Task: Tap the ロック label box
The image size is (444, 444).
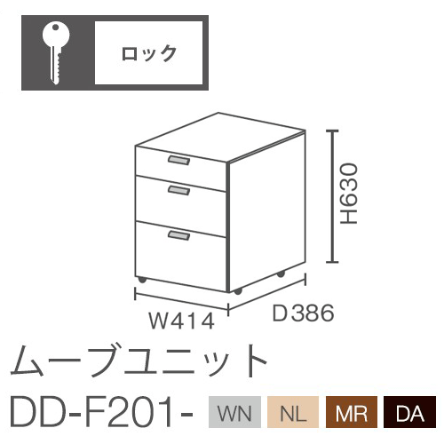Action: point(148,52)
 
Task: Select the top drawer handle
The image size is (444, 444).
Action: point(179,160)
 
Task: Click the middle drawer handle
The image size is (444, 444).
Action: point(179,190)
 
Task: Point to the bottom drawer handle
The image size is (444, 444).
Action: point(179,235)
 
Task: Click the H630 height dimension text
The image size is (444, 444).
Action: point(349,194)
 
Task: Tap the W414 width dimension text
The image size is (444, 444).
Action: point(181,321)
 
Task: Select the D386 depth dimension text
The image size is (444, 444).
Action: point(303,313)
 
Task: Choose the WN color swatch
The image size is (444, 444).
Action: point(234,412)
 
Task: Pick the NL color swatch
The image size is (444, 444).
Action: point(293,412)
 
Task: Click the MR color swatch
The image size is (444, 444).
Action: point(352,412)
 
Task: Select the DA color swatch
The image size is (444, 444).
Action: point(410,412)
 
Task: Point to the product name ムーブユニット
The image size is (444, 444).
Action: point(139,361)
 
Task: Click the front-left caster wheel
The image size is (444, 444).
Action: point(142,280)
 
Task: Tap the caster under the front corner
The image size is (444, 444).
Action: point(238,291)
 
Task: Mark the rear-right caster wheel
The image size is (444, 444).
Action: point(281,274)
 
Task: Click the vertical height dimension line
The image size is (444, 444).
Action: point(334,196)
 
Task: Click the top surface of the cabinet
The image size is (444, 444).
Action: point(220,138)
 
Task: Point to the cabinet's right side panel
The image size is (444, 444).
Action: point(267,210)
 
